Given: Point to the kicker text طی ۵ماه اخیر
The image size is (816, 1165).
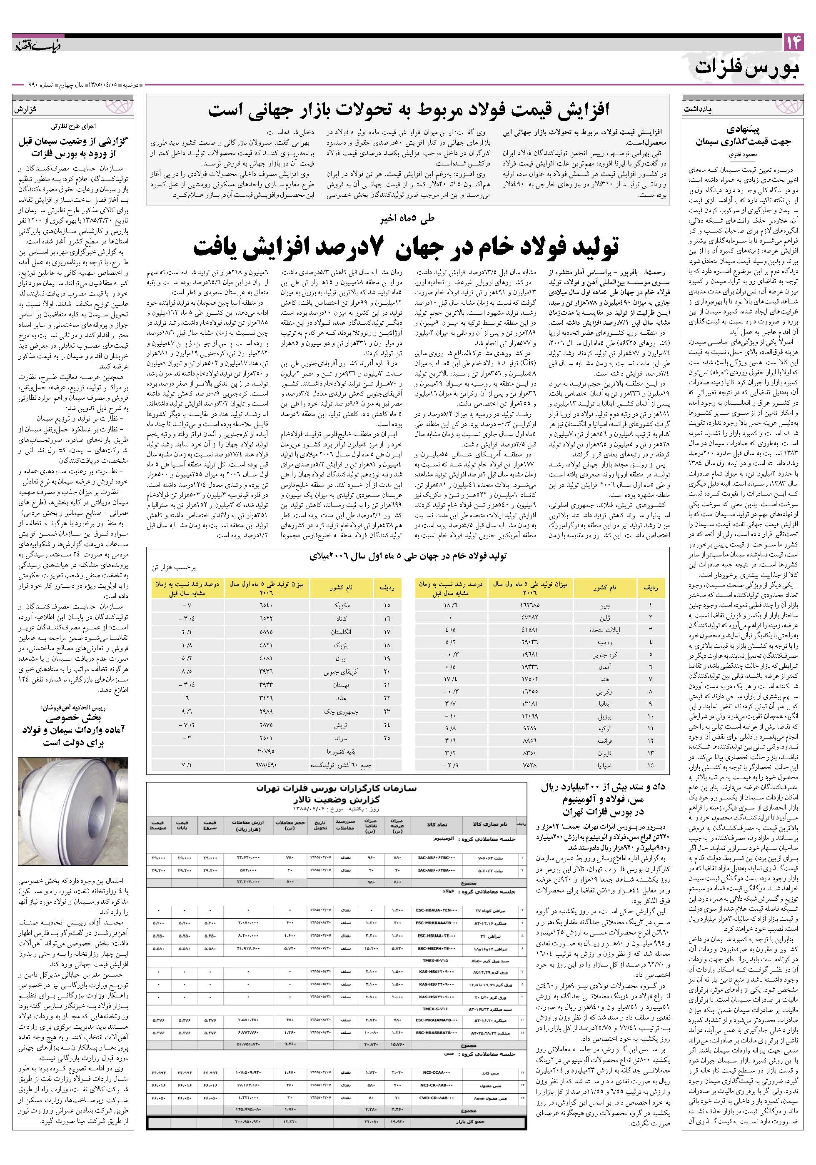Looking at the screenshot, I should tap(407, 219).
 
